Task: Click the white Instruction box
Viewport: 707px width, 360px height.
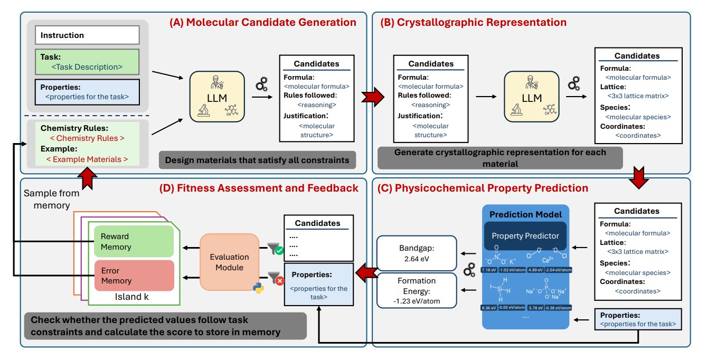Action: tap(87, 35)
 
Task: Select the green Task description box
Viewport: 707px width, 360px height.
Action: tap(87, 62)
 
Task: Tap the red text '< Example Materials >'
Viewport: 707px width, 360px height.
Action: tap(87, 159)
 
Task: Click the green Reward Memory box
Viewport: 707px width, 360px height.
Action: tap(133, 242)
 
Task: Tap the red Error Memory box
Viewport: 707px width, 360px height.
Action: tap(133, 276)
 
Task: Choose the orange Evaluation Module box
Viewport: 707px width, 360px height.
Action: tap(229, 262)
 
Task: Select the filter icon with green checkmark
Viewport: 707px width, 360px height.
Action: tap(275, 249)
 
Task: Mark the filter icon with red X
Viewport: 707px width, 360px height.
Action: tap(275, 279)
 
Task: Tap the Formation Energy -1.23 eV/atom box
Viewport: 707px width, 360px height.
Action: tap(416, 291)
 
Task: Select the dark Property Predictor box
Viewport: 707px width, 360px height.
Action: tap(525, 235)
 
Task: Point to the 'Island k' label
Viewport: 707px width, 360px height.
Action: tap(131, 297)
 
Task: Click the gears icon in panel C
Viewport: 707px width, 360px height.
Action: tap(468, 272)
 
